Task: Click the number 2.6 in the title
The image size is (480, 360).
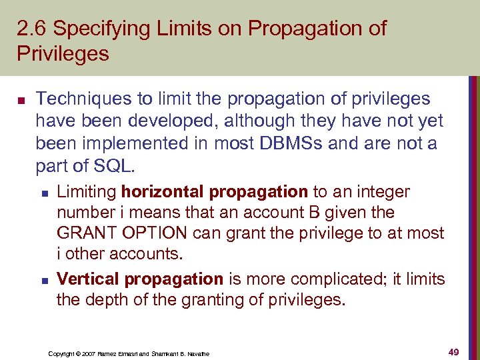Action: click(x=31, y=29)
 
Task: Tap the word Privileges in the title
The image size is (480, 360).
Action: click(x=63, y=54)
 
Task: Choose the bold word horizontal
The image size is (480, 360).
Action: click(x=163, y=192)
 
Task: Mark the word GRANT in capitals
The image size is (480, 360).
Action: click(x=84, y=234)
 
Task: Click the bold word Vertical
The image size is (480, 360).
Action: click(x=88, y=279)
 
